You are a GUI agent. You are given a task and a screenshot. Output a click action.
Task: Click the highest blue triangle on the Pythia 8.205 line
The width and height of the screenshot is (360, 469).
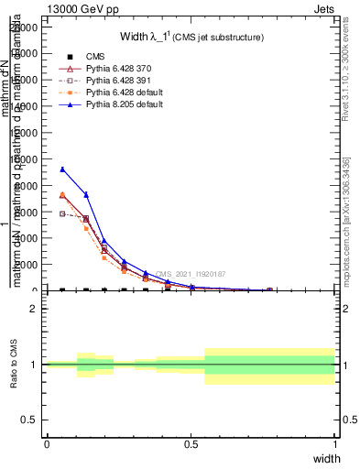click(62, 169)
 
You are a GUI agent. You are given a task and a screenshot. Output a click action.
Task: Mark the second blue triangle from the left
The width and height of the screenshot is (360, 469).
click(86, 194)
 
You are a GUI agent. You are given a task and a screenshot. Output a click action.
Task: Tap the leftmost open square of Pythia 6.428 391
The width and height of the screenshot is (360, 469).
click(62, 213)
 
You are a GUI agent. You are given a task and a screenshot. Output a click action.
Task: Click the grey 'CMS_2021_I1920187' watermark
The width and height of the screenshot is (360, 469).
click(190, 274)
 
